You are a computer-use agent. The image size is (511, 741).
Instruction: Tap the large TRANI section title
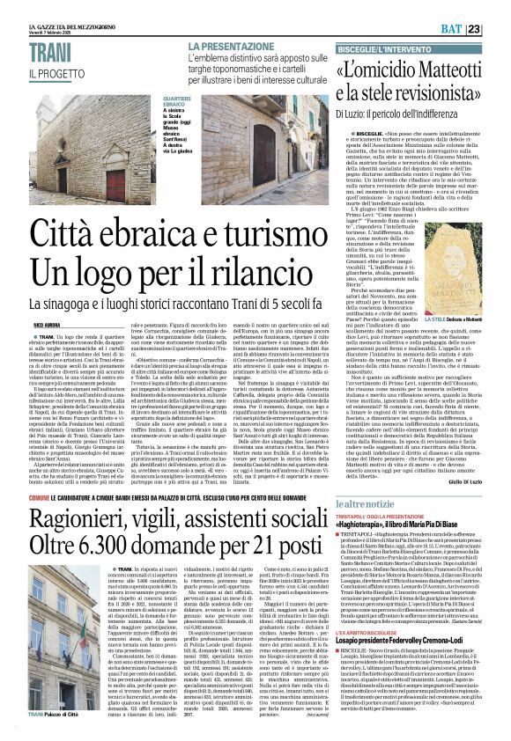coord(33,54)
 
